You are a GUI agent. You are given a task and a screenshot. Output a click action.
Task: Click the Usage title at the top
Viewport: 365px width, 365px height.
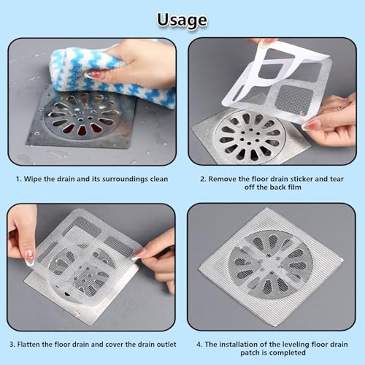pyautogui.click(x=182, y=20)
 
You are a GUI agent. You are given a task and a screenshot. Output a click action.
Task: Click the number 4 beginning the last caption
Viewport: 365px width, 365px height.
pyautogui.click(x=199, y=345)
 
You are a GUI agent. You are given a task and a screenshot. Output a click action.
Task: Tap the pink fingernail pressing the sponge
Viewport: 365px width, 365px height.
pyautogui.click(x=96, y=75)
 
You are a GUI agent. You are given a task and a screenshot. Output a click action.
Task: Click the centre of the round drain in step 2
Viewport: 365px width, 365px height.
pyautogui.click(x=250, y=137)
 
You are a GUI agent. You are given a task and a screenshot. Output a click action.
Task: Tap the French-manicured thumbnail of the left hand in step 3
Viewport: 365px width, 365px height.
pyautogui.click(x=29, y=258)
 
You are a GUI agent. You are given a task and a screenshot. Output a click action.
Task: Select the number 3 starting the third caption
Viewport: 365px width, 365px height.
pyautogui.click(x=12, y=345)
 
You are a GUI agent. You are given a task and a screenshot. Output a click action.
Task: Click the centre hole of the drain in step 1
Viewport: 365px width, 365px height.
pyautogui.click(x=81, y=119)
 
